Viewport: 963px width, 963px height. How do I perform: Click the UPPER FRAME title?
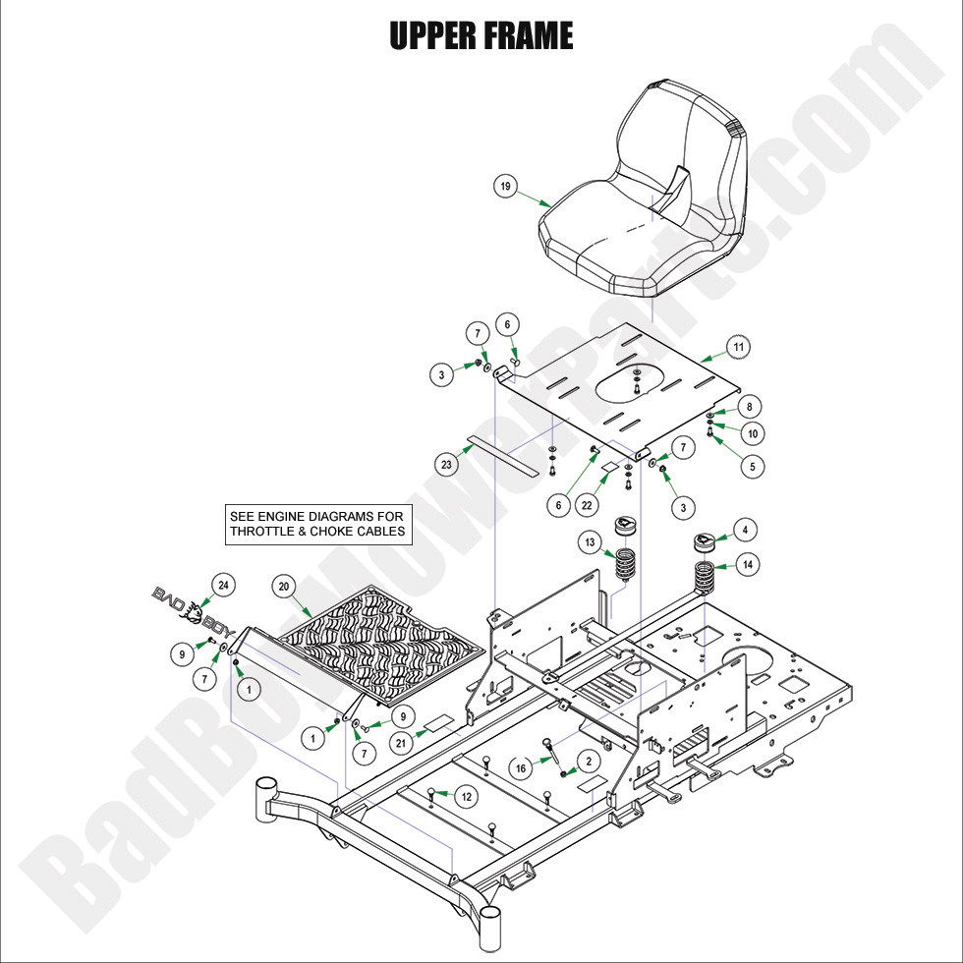pyautogui.click(x=481, y=36)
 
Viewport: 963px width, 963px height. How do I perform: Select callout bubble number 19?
pyautogui.click(x=505, y=187)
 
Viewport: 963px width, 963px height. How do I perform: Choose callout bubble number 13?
pyautogui.click(x=590, y=542)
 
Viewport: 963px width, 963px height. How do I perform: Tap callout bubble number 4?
pyautogui.click(x=745, y=531)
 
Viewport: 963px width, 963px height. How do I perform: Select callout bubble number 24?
pyautogui.click(x=223, y=586)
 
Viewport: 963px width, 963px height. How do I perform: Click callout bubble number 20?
pyautogui.click(x=284, y=588)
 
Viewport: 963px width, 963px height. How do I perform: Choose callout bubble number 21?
pyautogui.click(x=402, y=744)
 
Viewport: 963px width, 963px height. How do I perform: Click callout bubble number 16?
pyautogui.click(x=523, y=766)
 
